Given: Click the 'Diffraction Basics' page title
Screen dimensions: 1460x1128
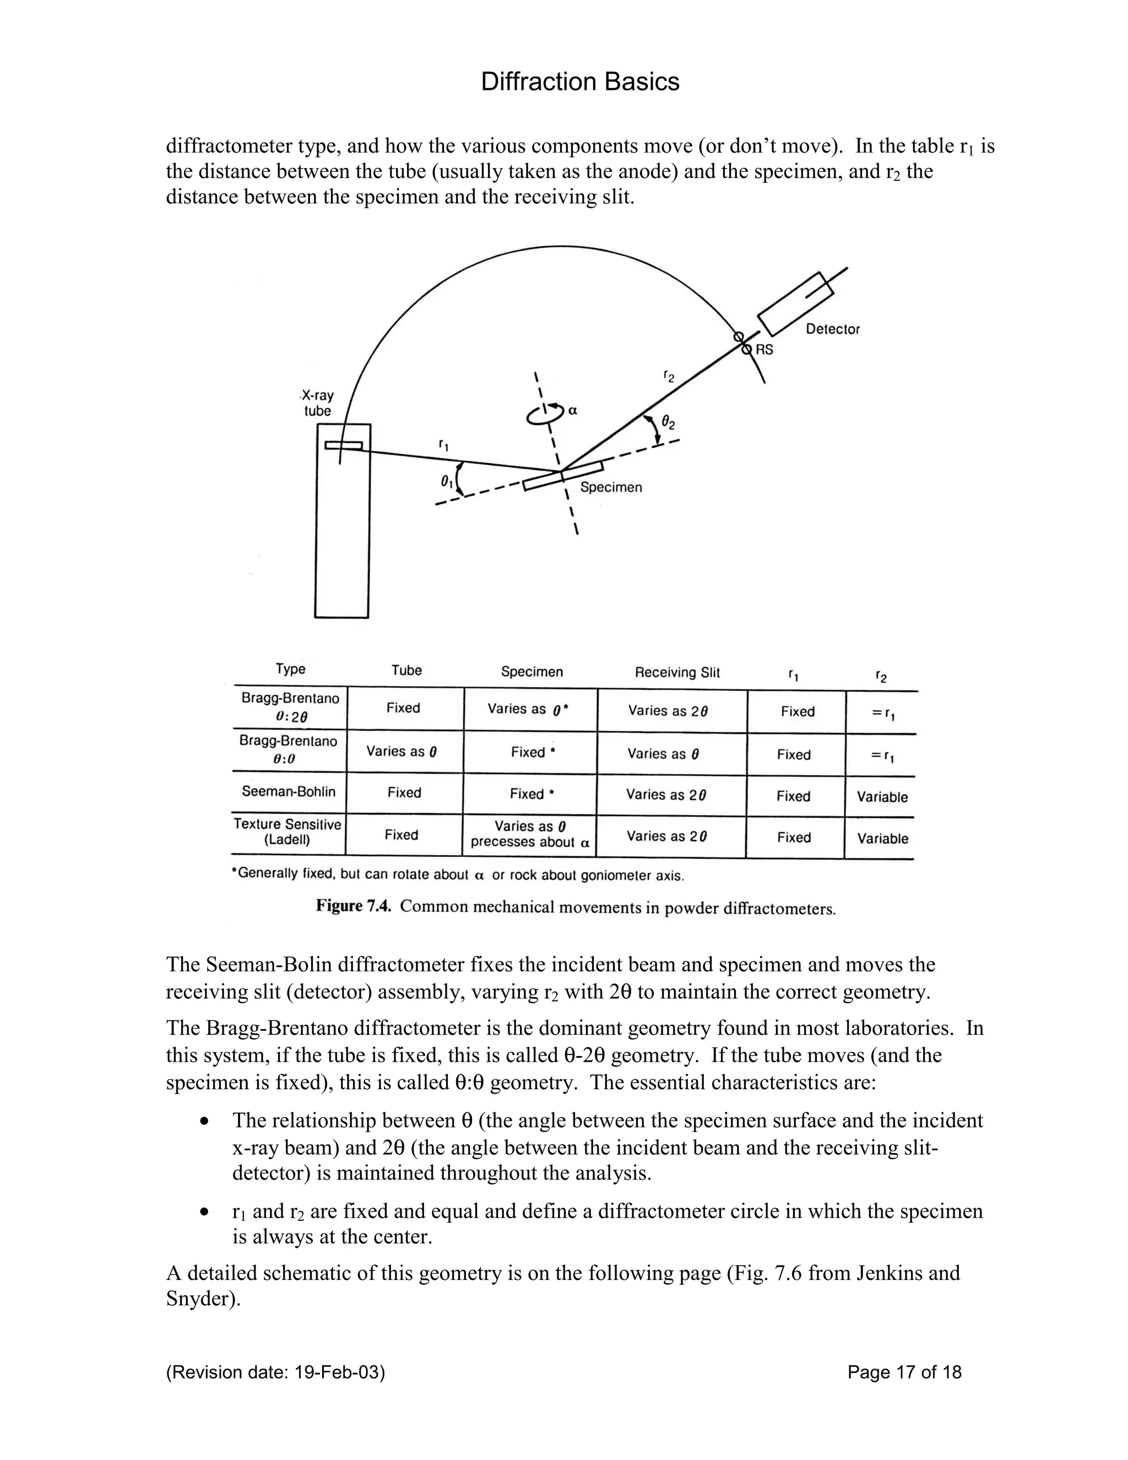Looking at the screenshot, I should pos(579,82).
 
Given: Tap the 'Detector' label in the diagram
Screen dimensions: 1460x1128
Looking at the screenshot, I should pos(833,329).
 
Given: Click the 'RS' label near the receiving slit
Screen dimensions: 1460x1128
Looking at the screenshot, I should pos(764,350).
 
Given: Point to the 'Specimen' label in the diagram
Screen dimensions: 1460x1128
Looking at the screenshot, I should pos(611,488).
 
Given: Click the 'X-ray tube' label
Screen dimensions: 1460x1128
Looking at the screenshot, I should pos(318,403).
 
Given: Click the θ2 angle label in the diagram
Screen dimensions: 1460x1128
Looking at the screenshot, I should pos(668,423).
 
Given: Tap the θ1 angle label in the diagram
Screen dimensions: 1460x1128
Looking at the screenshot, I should pos(446,482).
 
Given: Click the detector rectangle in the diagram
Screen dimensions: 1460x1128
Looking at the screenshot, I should pos(795,305).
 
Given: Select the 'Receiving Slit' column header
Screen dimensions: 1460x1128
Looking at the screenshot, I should pos(677,673).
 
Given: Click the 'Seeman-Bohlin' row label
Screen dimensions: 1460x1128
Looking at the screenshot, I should pos(289,792).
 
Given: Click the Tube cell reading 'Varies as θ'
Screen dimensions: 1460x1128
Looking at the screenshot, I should pos(402,751).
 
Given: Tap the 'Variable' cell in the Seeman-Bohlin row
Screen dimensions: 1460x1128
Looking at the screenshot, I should pos(882,797).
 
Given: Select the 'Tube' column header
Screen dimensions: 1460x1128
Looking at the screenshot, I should pos(406,670).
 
